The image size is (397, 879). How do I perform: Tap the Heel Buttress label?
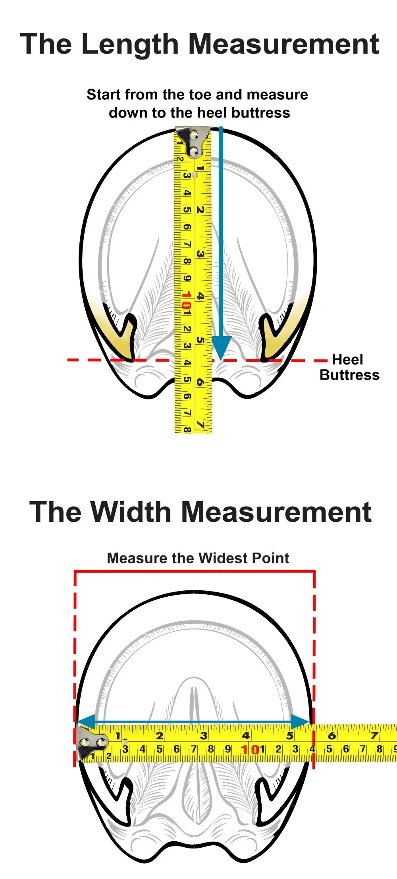(x=349, y=367)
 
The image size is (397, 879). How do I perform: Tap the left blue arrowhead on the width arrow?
(x=86, y=722)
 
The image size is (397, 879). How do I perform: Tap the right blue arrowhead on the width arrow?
(x=300, y=722)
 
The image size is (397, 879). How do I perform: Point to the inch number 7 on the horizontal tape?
(x=374, y=736)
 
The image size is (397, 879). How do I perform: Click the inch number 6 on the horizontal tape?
(x=332, y=736)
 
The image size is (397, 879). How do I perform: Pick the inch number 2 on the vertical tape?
(x=200, y=210)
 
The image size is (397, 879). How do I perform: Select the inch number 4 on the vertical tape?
(x=201, y=296)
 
